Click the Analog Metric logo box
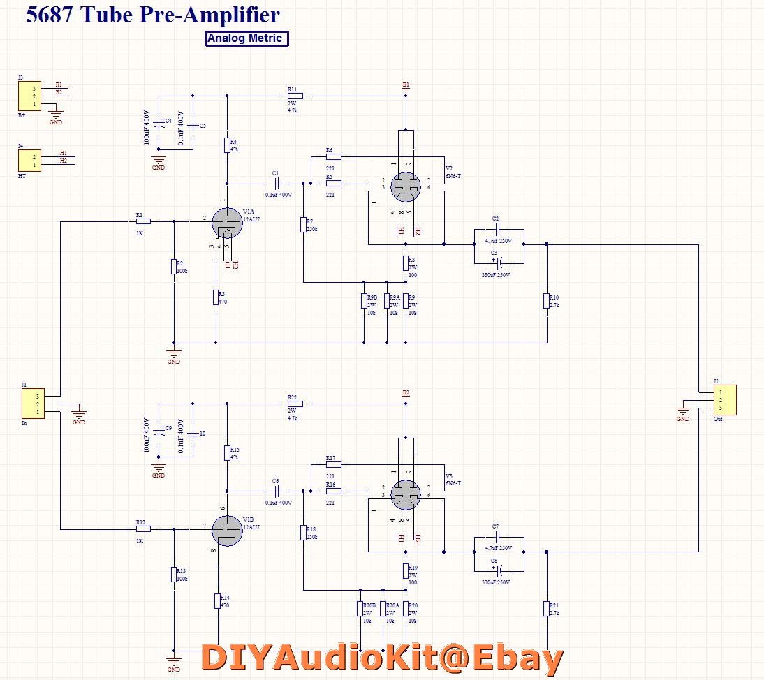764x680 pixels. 247,38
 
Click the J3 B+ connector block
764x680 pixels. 29,95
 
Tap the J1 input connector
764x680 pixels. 33,404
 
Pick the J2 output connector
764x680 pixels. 725,399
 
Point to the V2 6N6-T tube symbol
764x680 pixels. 405,185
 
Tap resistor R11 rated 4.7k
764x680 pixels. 295,96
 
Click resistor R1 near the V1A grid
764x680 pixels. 143,221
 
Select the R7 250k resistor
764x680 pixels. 304,224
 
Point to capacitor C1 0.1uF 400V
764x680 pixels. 277,184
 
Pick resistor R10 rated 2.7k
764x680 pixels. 547,301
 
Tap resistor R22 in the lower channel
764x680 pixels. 295,404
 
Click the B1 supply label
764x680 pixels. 406,84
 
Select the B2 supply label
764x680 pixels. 406,393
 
